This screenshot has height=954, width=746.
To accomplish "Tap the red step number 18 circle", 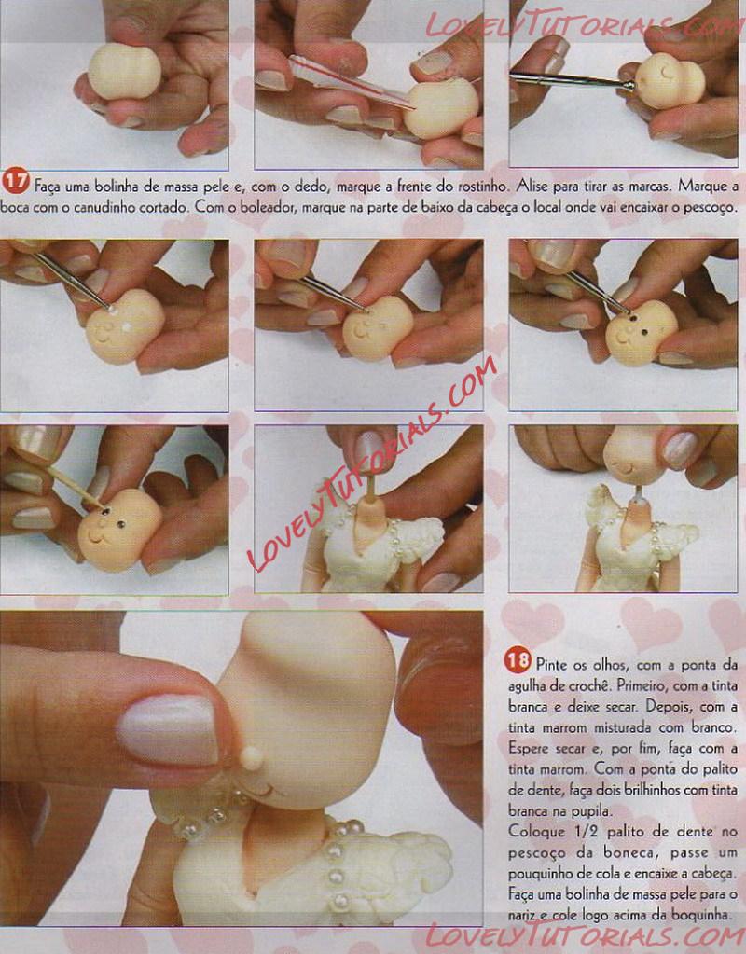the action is tap(517, 661).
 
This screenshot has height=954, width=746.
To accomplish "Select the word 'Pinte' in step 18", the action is tap(550, 664).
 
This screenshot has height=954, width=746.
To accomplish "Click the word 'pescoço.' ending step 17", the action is tap(711, 208).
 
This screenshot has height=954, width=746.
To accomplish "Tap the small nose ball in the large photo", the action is tap(251, 757).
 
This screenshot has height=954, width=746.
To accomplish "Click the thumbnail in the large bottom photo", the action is tap(169, 730).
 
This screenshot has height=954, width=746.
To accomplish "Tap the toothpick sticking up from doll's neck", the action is tap(369, 489).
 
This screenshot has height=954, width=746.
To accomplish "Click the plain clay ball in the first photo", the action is tap(124, 71).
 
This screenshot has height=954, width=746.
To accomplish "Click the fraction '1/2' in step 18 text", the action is tap(586, 832).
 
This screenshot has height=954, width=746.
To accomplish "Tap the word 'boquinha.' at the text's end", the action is tap(704, 914).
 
